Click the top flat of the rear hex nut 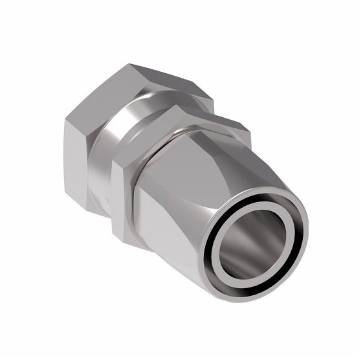165,81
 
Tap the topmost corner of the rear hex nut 129,64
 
